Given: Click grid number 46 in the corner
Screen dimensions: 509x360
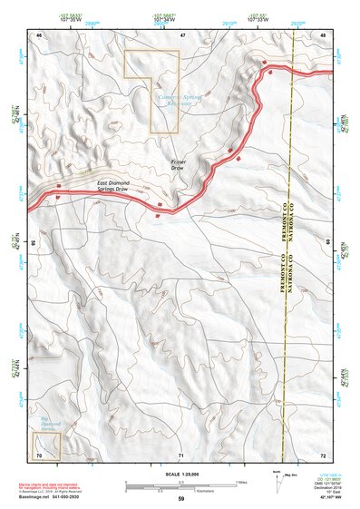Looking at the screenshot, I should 40,34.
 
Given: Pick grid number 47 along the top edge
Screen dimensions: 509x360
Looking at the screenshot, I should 182,34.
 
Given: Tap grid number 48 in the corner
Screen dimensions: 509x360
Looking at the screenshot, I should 324,34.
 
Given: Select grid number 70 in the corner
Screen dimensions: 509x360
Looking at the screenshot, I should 39,453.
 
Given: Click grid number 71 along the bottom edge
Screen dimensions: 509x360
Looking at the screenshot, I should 181,453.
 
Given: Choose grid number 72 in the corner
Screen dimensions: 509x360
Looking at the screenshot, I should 323,453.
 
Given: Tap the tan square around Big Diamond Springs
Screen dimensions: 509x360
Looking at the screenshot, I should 44,445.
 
